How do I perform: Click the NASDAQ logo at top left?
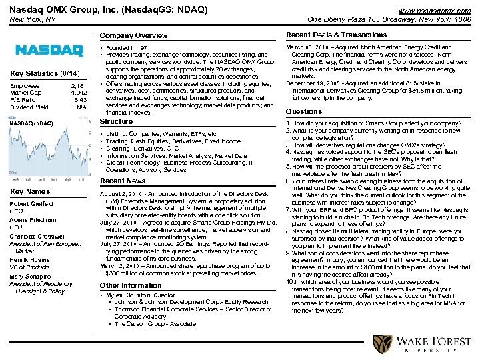(49, 51)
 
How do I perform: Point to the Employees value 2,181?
(78, 86)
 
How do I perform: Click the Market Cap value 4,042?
(79, 93)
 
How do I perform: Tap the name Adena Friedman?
(31, 220)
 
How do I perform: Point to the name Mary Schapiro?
(29, 277)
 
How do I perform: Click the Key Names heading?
(30, 191)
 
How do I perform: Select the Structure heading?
(116, 122)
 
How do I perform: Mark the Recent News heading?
(122, 181)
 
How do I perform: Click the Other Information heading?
(130, 285)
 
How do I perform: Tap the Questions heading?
(303, 111)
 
